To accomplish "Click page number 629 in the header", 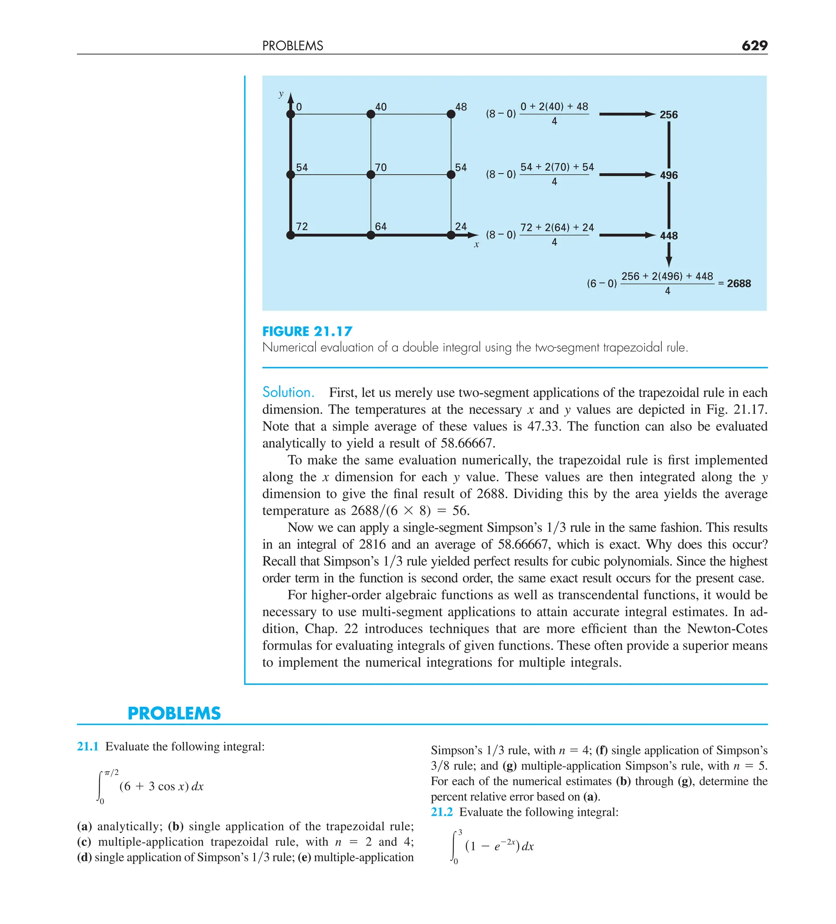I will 754,45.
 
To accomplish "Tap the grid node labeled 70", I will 371,174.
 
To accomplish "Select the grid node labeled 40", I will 371,114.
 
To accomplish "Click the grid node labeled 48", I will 451,114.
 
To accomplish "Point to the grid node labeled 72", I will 290,235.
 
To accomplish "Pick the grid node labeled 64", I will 371,235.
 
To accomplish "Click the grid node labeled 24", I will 451,235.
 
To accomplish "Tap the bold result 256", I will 668,115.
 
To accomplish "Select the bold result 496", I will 668,175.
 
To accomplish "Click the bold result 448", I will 668,236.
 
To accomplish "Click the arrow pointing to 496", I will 627,174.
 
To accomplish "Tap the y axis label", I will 281,94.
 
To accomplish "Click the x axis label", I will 476,245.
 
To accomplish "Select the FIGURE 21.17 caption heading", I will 307,331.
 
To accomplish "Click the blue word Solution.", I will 288,392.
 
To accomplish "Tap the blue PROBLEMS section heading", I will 174,713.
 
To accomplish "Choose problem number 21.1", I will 87,747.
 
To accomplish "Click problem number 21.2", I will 442,812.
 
